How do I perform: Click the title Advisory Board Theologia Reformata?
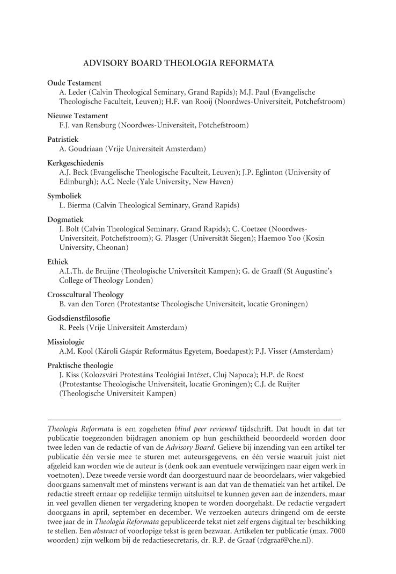[x=179, y=63]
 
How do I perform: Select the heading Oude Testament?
[x=74, y=83]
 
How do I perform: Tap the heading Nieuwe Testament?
[x=77, y=116]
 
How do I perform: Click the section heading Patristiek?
[x=62, y=139]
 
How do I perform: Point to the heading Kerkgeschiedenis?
[x=75, y=163]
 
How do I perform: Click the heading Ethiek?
[x=57, y=262]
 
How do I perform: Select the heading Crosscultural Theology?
[x=85, y=295]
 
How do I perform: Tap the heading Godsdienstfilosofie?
[x=78, y=318]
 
